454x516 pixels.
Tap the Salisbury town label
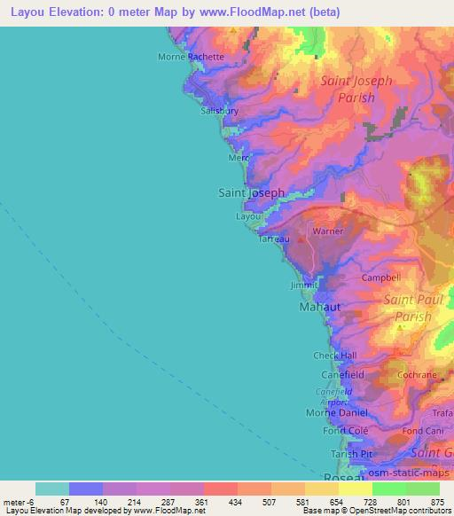[220, 112]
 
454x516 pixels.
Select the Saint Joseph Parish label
[356, 90]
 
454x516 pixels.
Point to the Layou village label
[249, 216]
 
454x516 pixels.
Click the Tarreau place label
[273, 239]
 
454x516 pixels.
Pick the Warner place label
[327, 232]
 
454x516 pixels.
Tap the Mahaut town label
[320, 307]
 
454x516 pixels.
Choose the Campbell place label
[381, 278]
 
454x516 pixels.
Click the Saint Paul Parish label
[407, 308]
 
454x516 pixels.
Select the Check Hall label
[335, 356]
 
